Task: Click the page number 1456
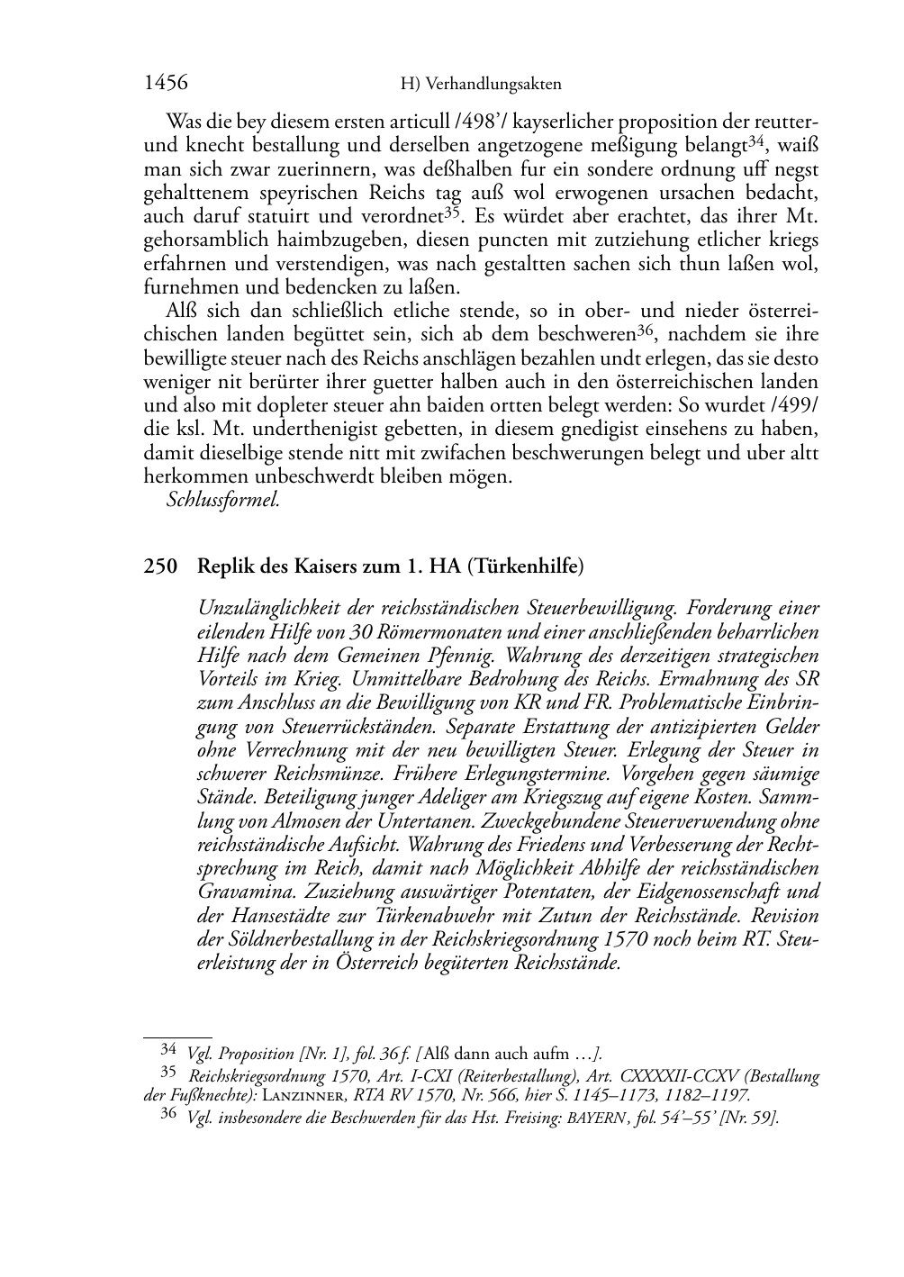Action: click(x=166, y=83)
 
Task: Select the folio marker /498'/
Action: click(x=477, y=122)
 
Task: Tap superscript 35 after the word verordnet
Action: click(x=453, y=212)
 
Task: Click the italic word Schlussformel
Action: click(x=223, y=500)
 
